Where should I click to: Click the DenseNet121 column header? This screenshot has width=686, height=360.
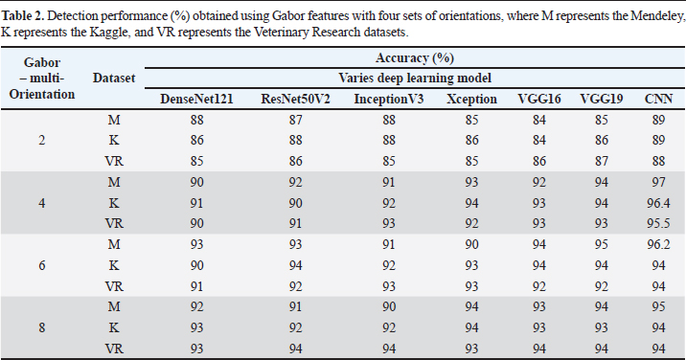click(196, 99)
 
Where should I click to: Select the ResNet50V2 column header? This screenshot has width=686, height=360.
click(295, 99)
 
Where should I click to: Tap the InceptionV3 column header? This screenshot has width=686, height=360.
click(388, 99)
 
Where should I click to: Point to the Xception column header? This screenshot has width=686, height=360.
click(471, 99)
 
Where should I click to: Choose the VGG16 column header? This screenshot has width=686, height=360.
click(539, 99)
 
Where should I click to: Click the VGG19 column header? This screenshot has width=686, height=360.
click(601, 99)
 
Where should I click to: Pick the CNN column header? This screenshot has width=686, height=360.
click(658, 99)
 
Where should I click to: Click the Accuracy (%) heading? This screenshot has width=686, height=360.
click(414, 57)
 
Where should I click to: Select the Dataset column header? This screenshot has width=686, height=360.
click(114, 78)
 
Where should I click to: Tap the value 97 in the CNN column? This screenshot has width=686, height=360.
click(658, 182)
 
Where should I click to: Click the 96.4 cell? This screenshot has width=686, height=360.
click(658, 203)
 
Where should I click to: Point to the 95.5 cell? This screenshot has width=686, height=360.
click(658, 223)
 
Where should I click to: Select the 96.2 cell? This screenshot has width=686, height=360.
click(658, 244)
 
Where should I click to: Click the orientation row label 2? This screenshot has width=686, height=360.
click(41, 141)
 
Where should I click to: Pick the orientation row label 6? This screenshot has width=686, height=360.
click(41, 265)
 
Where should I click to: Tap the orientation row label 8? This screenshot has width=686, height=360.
click(41, 327)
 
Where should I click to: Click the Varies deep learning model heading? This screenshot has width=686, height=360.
click(414, 79)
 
